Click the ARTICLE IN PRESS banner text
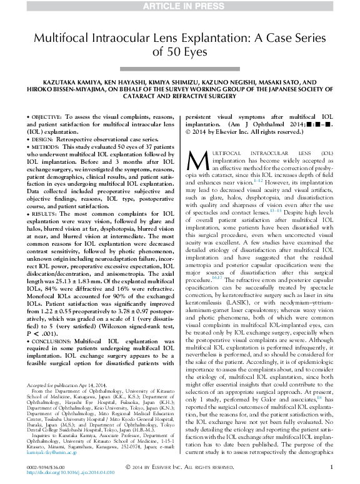point(180,6)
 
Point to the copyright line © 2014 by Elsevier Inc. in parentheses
point(227,133)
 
